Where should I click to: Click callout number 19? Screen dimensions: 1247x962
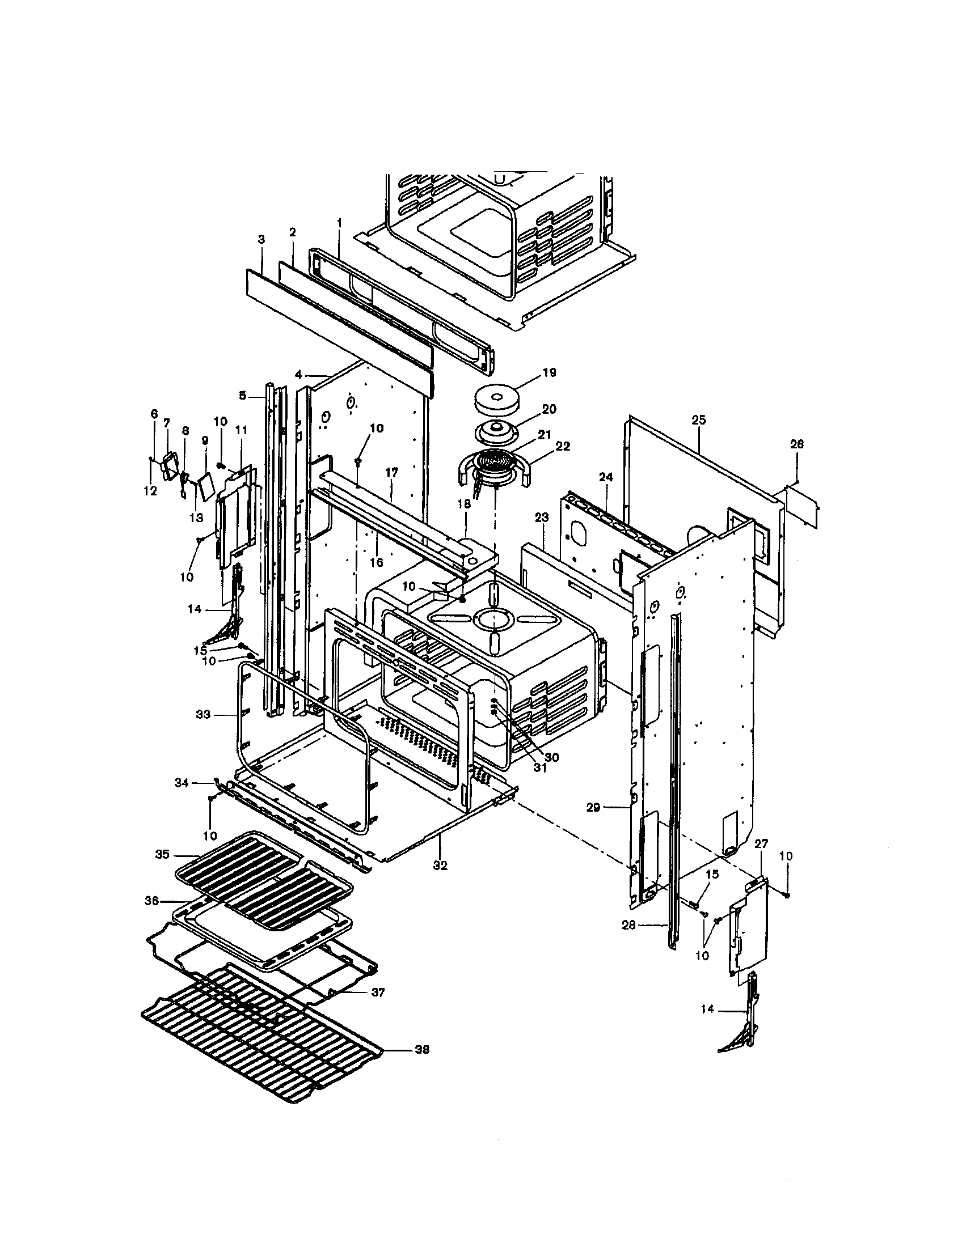click(548, 372)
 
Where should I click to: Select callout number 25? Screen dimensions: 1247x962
click(698, 419)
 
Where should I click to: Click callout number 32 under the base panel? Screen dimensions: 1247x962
click(440, 866)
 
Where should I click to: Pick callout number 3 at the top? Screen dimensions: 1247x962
click(261, 240)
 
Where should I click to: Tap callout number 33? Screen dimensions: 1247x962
click(203, 714)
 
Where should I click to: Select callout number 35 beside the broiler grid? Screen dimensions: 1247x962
click(162, 855)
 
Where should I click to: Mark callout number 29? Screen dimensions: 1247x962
click(593, 807)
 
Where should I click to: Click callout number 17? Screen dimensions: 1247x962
click(391, 473)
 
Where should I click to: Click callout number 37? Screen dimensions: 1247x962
click(378, 992)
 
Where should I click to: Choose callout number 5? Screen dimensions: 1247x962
click(242, 395)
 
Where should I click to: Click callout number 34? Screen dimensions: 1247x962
click(182, 783)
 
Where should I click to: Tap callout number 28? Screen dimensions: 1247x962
click(628, 926)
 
